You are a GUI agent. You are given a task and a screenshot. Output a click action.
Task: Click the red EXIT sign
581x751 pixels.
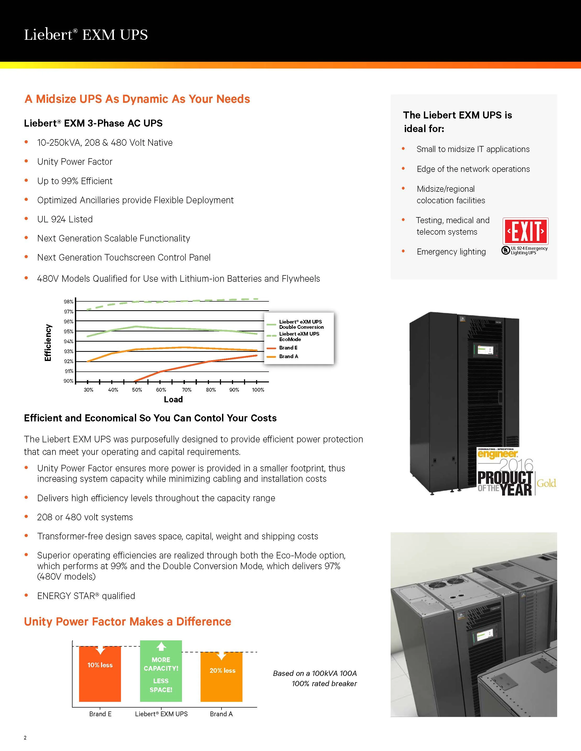click(x=525, y=231)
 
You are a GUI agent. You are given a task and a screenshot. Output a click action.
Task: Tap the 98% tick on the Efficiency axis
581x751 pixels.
click(x=69, y=302)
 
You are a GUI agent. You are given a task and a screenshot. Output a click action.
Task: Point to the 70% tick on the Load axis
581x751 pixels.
click(x=186, y=389)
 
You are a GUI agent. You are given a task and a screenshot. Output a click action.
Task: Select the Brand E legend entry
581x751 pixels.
click(x=288, y=348)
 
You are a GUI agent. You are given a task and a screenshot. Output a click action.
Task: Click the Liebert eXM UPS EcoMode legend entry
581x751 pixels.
click(x=299, y=336)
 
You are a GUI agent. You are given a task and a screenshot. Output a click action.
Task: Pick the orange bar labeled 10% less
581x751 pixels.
click(x=100, y=674)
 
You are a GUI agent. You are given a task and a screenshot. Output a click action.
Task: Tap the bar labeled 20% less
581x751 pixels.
click(x=221, y=677)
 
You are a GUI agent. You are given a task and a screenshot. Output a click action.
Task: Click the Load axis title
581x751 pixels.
click(x=173, y=399)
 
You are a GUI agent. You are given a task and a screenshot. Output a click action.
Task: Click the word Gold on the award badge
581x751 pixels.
click(x=546, y=483)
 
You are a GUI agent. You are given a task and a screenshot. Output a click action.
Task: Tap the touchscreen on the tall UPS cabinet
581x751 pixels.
click(x=483, y=350)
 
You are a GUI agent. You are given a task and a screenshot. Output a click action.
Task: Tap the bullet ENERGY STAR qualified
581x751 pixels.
click(x=86, y=596)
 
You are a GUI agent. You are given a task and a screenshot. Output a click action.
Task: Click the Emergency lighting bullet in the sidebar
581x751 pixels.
click(x=451, y=251)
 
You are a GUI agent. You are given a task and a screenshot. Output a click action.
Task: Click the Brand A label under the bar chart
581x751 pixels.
click(x=221, y=714)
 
